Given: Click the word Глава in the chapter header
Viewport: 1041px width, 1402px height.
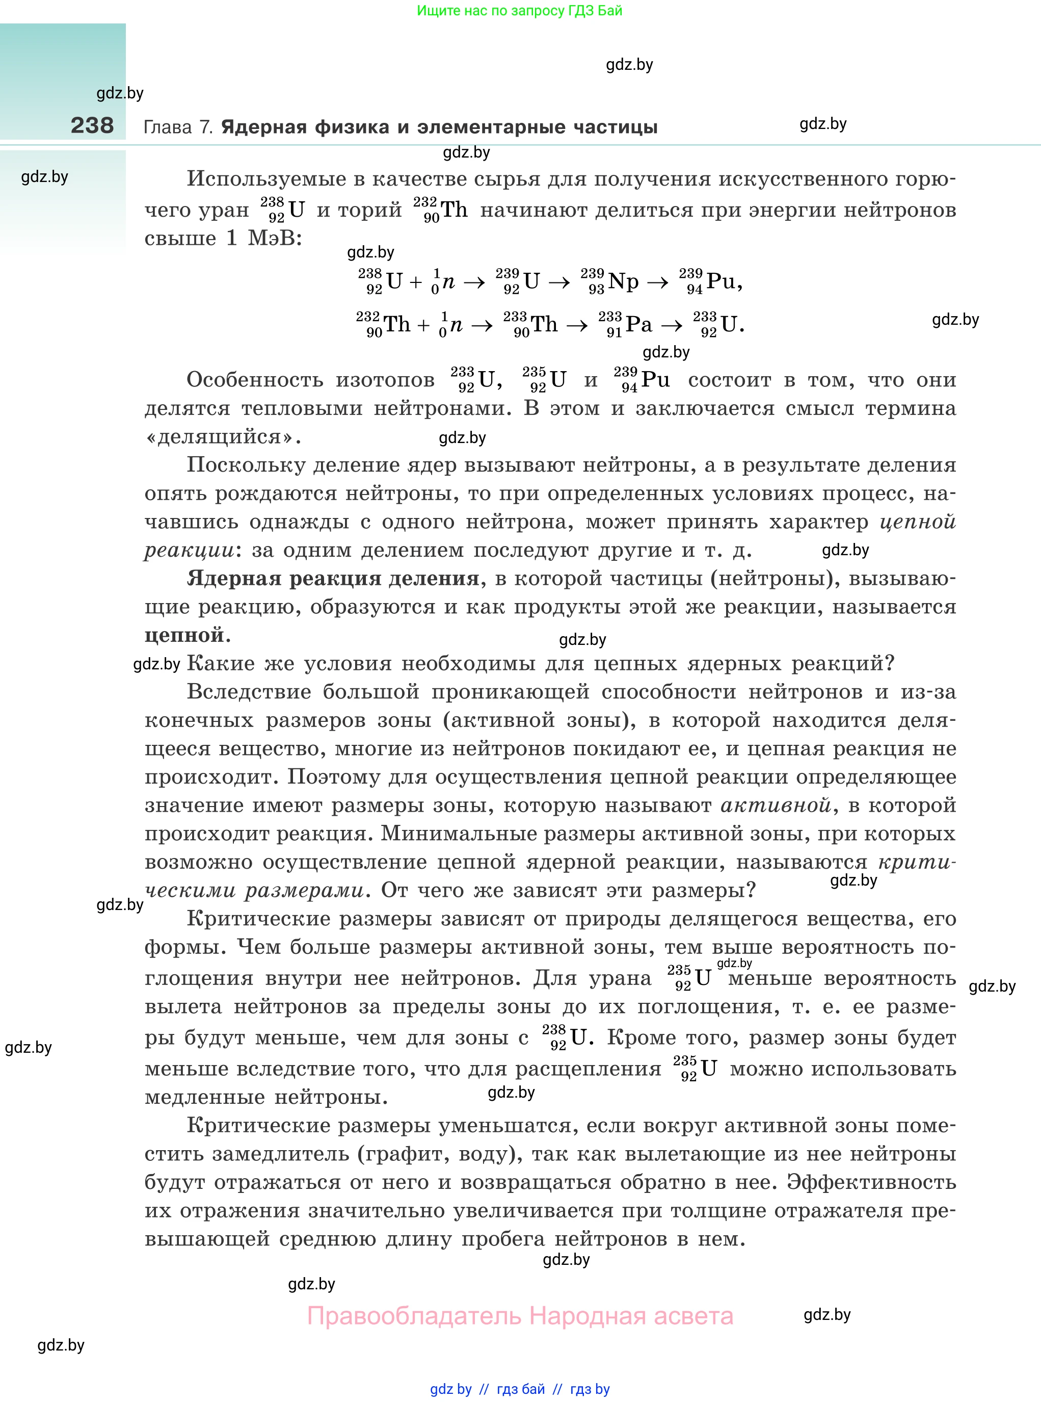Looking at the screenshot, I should pos(168,127).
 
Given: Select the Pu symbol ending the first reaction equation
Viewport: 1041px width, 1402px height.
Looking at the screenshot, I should pos(720,281).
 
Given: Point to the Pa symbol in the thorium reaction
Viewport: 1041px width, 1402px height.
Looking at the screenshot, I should pos(638,325).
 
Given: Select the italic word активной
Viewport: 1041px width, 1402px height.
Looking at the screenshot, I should pos(776,805).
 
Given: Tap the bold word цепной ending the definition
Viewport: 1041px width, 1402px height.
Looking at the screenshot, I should pos(184,635).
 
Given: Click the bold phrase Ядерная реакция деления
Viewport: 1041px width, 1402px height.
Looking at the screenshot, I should pos(333,578).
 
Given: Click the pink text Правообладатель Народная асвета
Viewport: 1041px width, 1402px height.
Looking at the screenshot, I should pos(520,1316).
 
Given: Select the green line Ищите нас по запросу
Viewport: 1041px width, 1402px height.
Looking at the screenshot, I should pos(519,11).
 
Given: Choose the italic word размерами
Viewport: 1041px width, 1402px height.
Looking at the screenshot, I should pos(304,890).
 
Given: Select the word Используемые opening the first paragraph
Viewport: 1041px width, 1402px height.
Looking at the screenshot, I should pos(266,179).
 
